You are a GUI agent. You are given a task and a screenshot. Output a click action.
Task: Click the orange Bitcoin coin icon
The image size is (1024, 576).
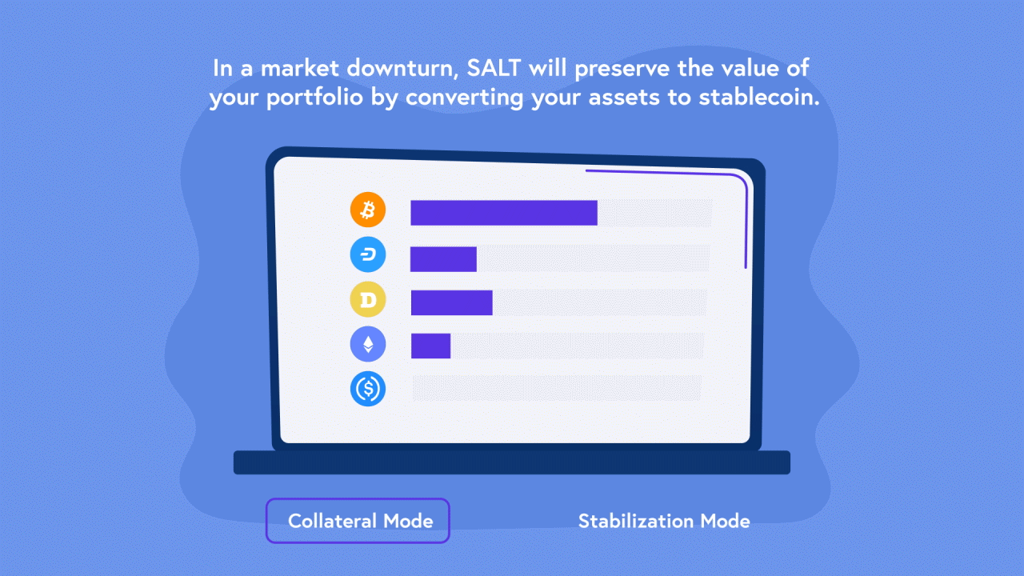pos(368,210)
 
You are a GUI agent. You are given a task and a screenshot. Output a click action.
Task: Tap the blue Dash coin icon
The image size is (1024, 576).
pos(368,254)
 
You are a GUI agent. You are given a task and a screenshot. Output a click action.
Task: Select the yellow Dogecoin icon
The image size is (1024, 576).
pos(368,299)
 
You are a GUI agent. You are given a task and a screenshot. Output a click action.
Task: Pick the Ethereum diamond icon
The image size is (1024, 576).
pos(368,344)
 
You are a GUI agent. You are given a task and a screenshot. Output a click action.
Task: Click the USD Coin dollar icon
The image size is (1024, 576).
pos(368,389)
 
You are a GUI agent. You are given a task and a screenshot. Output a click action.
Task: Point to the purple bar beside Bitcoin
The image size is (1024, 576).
pos(504,213)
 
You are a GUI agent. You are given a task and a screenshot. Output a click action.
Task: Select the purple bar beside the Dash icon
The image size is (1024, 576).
pos(443,259)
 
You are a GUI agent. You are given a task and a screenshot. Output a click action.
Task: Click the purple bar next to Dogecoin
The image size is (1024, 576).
pos(452,302)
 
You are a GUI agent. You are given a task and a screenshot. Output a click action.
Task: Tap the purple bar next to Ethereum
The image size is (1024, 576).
pos(430,346)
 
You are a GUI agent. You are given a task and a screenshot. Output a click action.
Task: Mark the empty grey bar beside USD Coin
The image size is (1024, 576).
pos(557,388)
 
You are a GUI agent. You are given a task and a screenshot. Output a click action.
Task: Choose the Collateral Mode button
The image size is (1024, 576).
pos(358,521)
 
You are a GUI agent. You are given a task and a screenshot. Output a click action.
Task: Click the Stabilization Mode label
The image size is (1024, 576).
pos(664,521)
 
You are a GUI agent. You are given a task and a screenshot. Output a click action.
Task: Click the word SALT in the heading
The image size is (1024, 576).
pos(494,68)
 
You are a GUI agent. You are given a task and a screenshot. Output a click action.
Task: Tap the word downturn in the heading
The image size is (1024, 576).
pos(402,69)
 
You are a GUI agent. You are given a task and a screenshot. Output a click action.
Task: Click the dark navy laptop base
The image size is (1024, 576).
pos(512,462)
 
